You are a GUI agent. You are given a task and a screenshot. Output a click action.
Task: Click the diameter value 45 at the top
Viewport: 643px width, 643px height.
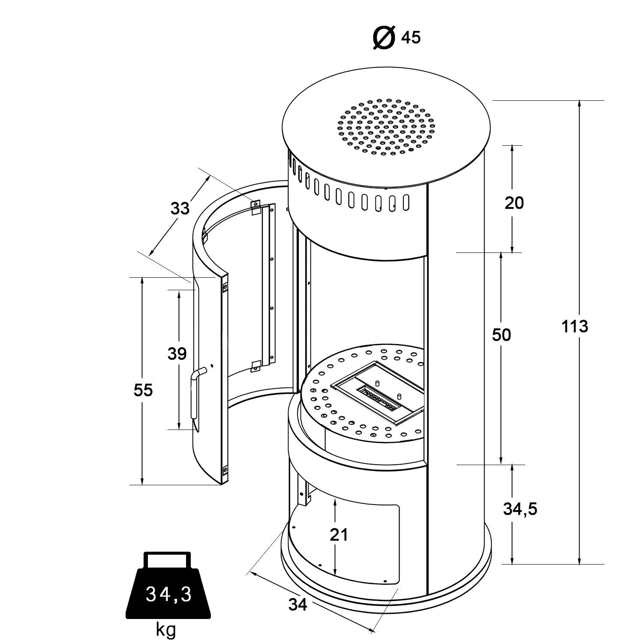pyautogui.click(x=411, y=38)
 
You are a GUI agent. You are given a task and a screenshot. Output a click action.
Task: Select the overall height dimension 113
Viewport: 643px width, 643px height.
pyautogui.click(x=575, y=327)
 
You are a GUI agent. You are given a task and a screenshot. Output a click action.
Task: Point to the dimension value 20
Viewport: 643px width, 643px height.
pyautogui.click(x=514, y=203)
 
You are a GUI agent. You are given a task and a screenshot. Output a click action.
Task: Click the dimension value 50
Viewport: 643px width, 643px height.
pyautogui.click(x=502, y=335)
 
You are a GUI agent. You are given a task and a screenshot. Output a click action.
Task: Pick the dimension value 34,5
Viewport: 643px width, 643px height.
pyautogui.click(x=520, y=509)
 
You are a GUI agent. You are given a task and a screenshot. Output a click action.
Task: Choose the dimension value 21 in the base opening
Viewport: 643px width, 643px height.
pyautogui.click(x=339, y=535)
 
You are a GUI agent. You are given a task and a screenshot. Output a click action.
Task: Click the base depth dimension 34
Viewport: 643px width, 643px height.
pyautogui.click(x=298, y=604)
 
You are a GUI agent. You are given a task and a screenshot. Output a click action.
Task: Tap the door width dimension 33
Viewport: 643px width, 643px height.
pyautogui.click(x=180, y=209)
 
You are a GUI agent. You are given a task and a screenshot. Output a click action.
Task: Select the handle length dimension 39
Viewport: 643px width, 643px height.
pyautogui.click(x=177, y=354)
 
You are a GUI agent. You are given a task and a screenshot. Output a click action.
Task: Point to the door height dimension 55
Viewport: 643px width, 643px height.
pyautogui.click(x=143, y=391)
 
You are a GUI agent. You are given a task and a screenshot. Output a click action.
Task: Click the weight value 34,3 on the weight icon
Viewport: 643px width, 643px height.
pyautogui.click(x=168, y=594)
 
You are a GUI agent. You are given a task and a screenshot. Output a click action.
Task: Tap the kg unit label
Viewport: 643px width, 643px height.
pyautogui.click(x=165, y=630)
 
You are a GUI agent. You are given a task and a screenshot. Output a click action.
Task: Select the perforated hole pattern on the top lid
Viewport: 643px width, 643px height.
pyautogui.click(x=386, y=126)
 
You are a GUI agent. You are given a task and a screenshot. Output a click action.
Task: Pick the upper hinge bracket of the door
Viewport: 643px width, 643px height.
pyautogui.click(x=255, y=207)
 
